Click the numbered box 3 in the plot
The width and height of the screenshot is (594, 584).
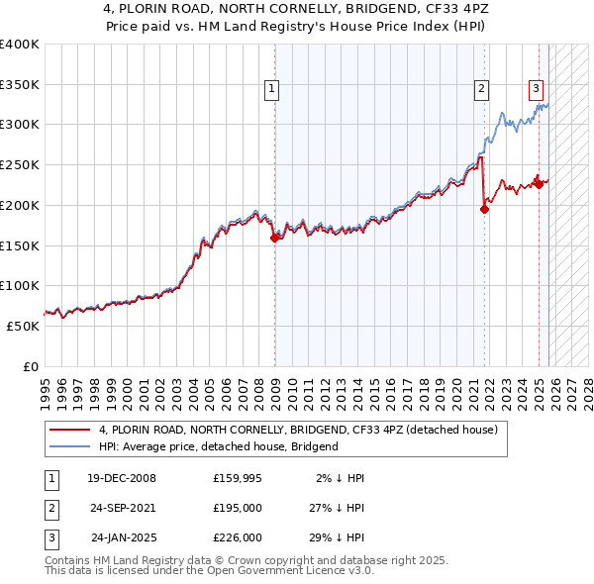click(x=536, y=88)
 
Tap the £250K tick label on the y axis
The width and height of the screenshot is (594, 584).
click(x=20, y=165)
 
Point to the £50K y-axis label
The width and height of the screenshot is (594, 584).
click(x=23, y=326)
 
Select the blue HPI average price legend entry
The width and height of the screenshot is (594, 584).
click(x=218, y=446)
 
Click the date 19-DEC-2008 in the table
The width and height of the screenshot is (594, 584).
click(x=121, y=478)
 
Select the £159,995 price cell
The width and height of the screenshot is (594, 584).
click(x=238, y=478)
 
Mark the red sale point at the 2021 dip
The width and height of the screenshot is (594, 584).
click(x=485, y=208)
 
